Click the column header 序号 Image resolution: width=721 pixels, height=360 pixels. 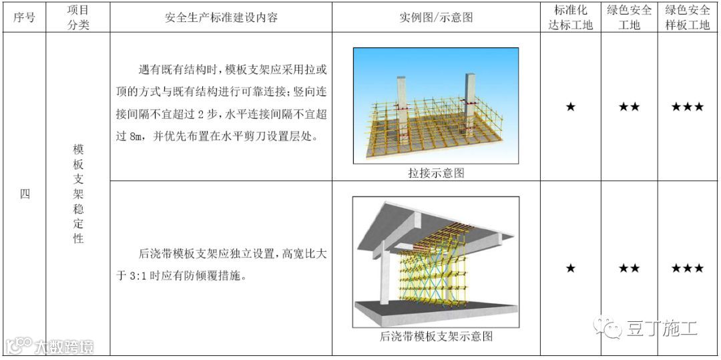(24, 18)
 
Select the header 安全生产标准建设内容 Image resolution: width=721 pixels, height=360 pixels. (222, 18)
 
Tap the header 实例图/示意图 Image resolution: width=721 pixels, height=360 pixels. (436, 18)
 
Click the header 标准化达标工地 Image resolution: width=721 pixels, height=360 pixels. (570, 18)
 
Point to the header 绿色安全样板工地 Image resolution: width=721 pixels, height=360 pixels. (687, 18)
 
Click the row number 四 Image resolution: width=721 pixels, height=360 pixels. (24, 195)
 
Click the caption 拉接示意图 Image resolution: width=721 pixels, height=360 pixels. (436, 173)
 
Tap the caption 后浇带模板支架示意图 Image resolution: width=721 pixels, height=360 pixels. (436, 337)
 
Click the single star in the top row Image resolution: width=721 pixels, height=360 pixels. (571, 107)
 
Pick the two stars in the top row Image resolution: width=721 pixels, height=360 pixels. (629, 107)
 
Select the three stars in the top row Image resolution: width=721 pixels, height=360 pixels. (687, 107)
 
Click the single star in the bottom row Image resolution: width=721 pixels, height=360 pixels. (571, 268)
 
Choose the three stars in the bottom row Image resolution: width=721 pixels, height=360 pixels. (687, 268)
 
